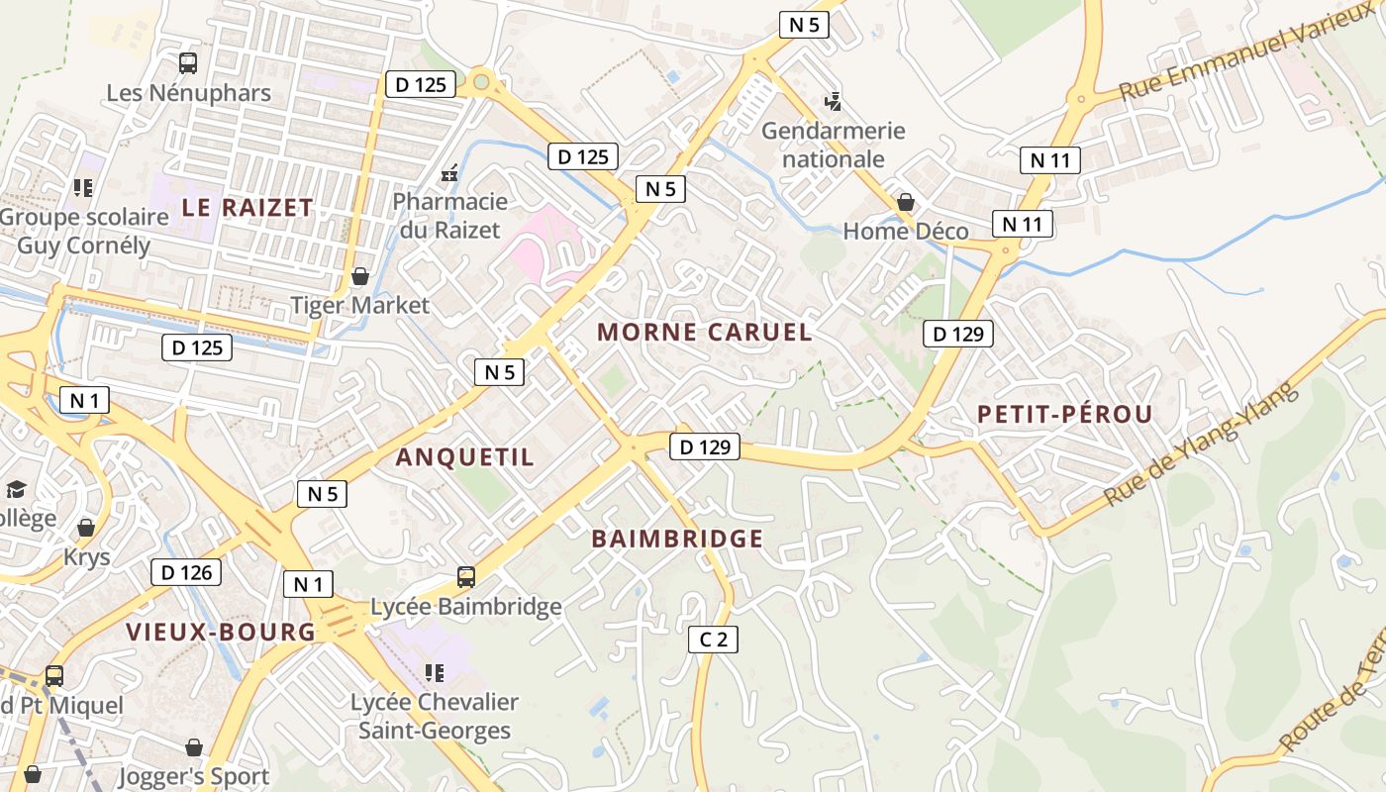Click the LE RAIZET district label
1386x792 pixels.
[x=247, y=208]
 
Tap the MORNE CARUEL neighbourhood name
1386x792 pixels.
[x=705, y=333]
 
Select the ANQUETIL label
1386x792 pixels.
[x=464, y=457]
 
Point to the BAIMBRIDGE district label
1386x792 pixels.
[x=677, y=540]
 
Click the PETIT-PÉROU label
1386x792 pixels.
[x=1065, y=415]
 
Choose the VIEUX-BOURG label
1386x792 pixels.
[x=221, y=633]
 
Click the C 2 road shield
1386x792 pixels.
[x=713, y=640]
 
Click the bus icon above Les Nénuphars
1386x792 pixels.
[x=188, y=63]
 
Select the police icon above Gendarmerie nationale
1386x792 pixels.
[x=834, y=100]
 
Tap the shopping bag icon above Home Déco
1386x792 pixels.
[x=905, y=203]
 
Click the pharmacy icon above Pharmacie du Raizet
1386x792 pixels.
[x=449, y=173]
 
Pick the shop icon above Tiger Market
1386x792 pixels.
[x=360, y=276]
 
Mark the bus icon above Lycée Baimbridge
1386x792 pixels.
[x=465, y=576]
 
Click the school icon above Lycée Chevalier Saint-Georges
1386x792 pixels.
[x=434, y=673]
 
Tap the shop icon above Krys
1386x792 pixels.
[x=86, y=528]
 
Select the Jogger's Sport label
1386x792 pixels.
[x=194, y=777]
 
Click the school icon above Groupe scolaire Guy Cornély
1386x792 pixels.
[x=83, y=187]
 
